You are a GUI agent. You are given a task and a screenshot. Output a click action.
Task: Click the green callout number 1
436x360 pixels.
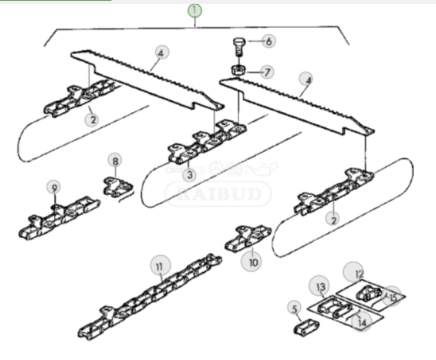click(x=195, y=11)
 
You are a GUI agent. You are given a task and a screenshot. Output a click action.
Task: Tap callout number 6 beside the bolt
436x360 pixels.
click(x=269, y=41)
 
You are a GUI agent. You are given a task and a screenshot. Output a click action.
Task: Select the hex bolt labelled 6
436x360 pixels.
click(x=238, y=47)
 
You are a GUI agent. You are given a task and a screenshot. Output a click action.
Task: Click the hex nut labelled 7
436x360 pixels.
click(x=238, y=69)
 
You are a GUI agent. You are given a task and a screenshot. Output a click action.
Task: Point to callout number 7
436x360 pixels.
click(x=267, y=72)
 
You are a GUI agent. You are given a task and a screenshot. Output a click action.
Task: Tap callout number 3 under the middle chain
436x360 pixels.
click(x=189, y=175)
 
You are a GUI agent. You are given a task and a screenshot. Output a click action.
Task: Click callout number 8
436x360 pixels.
click(x=115, y=161)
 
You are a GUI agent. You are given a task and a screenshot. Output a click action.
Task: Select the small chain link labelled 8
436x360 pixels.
click(x=118, y=187)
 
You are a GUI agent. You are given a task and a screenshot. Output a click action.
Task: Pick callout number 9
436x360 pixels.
click(x=54, y=187)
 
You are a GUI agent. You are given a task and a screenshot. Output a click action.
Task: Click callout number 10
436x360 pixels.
click(x=252, y=262)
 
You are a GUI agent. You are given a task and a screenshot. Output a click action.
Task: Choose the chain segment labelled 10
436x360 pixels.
click(x=248, y=238)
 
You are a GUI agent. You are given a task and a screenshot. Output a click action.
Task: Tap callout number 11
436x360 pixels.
click(x=161, y=266)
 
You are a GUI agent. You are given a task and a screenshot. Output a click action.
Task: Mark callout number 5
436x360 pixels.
click(x=294, y=308)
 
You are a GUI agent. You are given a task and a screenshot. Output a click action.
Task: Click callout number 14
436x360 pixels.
click(x=361, y=322)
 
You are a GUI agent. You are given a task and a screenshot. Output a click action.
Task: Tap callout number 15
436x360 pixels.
click(x=392, y=296)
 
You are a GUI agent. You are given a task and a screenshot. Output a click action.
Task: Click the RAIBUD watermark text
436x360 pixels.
click(x=218, y=193)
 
